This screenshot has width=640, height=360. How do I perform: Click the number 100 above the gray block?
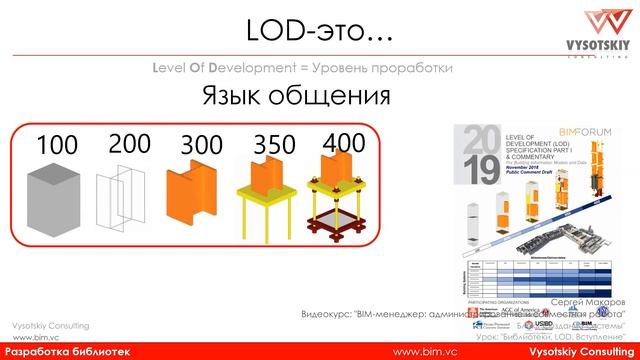pyautogui.click(x=56, y=145)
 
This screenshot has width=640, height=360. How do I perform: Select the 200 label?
pyautogui.click(x=129, y=142)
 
